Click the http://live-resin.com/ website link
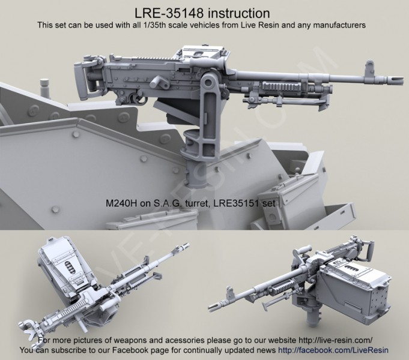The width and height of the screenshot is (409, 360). pyautogui.click(x=334, y=340)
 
